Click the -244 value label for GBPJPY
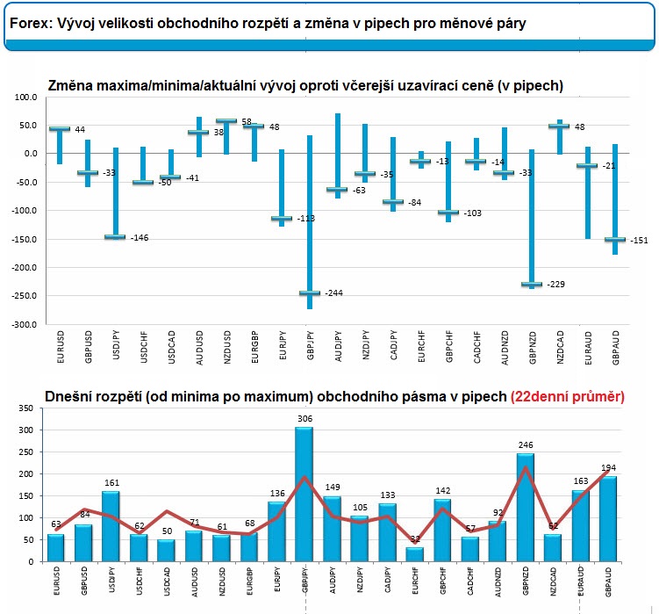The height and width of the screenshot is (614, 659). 333,293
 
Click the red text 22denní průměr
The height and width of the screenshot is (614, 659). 567,397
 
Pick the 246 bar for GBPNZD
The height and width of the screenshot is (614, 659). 526,507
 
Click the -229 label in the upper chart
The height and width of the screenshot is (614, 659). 555,285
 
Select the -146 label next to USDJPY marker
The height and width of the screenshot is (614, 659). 140,238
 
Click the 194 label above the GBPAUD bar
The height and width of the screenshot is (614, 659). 607,467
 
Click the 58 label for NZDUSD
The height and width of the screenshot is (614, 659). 247,121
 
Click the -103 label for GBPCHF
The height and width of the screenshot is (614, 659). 474,213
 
